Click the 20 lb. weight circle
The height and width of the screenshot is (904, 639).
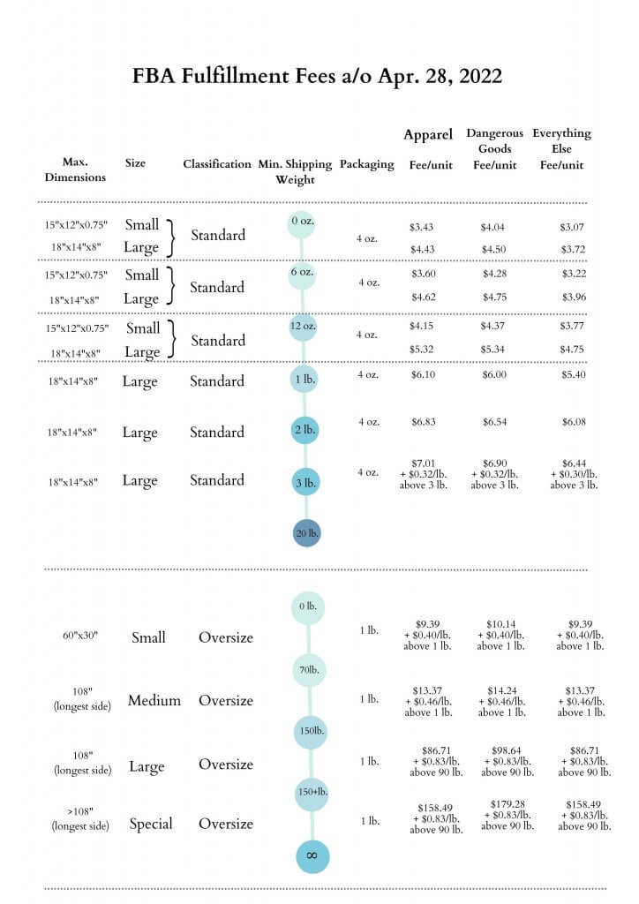tap(306, 532)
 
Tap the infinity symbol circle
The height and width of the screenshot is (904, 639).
tap(312, 856)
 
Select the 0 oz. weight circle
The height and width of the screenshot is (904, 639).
tap(301, 223)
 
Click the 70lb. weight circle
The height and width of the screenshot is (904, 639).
tap(310, 670)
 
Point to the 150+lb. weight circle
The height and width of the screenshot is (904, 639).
tap(312, 792)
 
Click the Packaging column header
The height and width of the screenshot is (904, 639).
tap(367, 164)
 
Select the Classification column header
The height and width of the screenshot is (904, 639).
tap(217, 163)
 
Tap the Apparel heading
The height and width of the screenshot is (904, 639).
tap(428, 135)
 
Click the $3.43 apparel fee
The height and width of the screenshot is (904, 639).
tap(421, 227)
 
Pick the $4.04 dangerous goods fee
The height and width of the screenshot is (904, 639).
tap(492, 228)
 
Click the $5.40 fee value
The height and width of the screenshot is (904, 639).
tap(574, 374)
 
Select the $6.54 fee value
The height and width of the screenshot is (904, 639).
tap(495, 422)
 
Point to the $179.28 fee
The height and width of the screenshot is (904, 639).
tap(507, 803)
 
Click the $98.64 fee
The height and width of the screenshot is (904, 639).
tap(507, 750)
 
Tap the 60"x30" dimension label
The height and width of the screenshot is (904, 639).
tap(80, 636)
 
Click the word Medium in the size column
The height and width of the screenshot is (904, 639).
tap(154, 700)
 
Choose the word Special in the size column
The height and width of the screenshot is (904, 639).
tap(151, 824)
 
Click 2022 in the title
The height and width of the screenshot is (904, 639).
tap(480, 76)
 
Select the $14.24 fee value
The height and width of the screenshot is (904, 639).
tap(502, 690)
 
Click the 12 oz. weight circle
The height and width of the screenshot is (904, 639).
tap(303, 327)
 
